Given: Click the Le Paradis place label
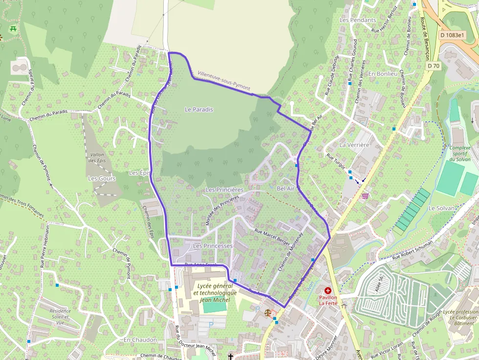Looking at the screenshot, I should coord(199,109).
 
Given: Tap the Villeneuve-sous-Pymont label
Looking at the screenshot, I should coord(224,81).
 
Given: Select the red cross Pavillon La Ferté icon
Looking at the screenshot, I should coord(327,290).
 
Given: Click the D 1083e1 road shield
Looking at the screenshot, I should coord(452,35).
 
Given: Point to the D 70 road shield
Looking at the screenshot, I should coord(433,65).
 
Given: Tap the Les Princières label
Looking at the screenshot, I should coord(224,190).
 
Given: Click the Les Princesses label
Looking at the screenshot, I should coord(213,246).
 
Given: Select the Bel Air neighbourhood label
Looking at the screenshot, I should coord(286,188).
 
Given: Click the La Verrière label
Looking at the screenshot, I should coord(354,145).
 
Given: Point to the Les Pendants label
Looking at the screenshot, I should coord(358,20).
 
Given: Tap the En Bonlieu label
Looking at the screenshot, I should coord(382,74).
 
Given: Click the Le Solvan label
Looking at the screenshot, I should coord(441,208).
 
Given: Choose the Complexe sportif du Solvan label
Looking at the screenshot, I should coord(460,153).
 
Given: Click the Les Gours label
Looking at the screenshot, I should coord(102,179).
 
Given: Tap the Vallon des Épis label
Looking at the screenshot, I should coord(98,157).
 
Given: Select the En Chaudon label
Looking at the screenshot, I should coord(140,339).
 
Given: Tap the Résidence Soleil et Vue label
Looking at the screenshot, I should coord(60,317).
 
